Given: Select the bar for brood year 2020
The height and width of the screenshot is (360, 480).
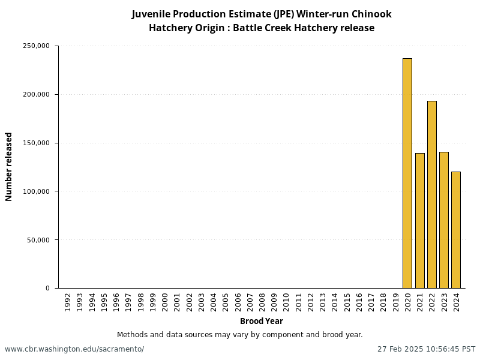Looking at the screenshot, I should (x=407, y=173).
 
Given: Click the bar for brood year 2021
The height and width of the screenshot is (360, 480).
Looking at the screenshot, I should (x=419, y=221).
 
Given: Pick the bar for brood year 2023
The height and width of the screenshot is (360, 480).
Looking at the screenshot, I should (x=444, y=220).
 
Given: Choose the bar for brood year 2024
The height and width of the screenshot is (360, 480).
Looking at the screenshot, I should (x=456, y=230).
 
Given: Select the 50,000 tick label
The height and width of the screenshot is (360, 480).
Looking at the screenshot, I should (x=38, y=240).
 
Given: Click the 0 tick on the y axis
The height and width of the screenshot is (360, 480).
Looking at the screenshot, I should (x=47, y=289).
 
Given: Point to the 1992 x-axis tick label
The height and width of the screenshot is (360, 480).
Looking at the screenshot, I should (x=68, y=302).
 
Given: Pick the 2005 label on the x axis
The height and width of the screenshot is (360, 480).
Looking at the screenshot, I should (x=226, y=302).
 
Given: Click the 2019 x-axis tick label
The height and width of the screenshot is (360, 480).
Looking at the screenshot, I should (x=395, y=302).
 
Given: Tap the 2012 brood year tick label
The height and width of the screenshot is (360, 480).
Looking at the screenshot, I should (x=311, y=302).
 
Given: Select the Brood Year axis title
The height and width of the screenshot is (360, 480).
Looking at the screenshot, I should (x=262, y=321).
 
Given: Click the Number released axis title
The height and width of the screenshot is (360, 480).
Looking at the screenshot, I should (x=9, y=167).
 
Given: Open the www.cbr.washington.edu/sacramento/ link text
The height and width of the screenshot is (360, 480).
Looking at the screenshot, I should (x=74, y=349).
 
